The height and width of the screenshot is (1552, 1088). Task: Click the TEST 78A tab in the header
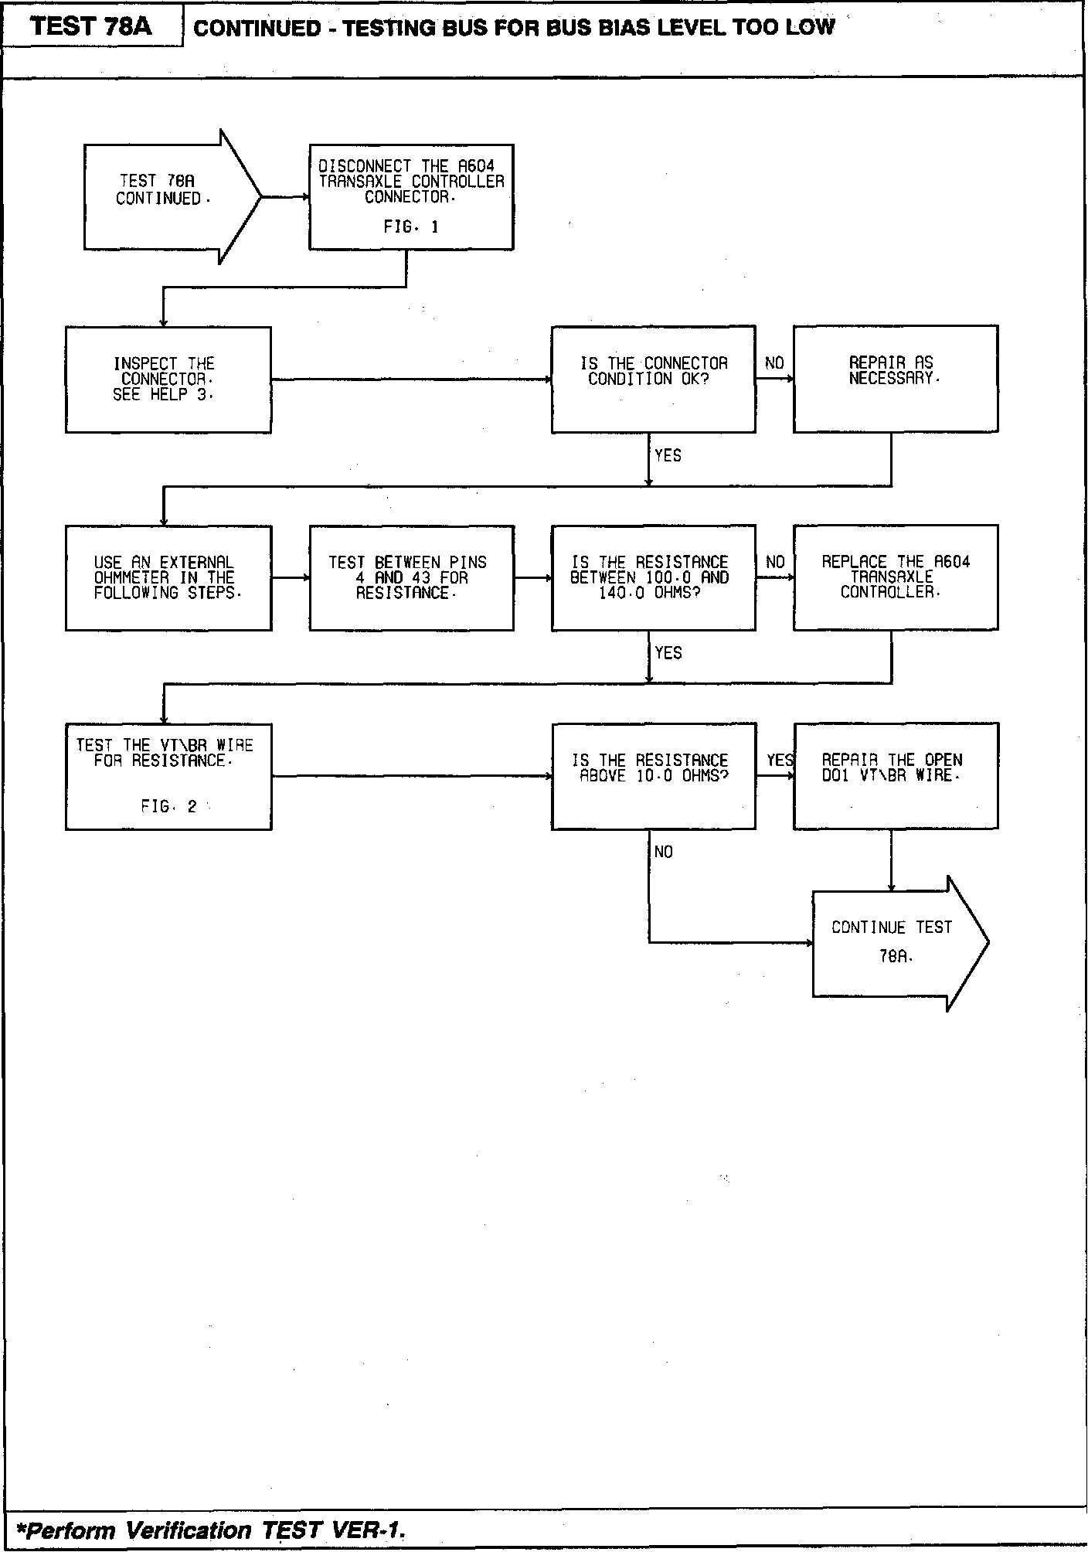[x=92, y=27]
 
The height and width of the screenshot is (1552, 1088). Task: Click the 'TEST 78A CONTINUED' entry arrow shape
[x=166, y=196]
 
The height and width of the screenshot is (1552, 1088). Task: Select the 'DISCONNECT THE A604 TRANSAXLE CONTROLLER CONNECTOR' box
[x=411, y=196]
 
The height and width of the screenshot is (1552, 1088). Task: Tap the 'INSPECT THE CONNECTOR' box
[x=168, y=379]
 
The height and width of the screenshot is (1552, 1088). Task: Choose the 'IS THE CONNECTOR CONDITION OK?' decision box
[x=653, y=379]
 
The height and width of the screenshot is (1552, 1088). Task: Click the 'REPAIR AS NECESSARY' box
[x=895, y=379]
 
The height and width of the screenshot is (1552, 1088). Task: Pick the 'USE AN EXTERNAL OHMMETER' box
[x=168, y=577]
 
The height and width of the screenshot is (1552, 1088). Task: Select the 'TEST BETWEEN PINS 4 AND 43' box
[x=411, y=577]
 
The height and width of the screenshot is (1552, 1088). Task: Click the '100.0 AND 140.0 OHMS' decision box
[x=653, y=577]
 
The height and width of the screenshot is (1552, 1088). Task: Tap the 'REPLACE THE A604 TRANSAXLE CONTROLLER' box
[x=895, y=577]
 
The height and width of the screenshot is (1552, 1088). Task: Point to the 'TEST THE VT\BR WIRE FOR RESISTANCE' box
[x=168, y=776]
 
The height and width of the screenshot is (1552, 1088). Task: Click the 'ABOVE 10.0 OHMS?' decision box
[x=653, y=776]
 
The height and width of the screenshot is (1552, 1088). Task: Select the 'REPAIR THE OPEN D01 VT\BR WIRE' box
[x=895, y=776]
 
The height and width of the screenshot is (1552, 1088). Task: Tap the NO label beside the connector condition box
[x=774, y=363]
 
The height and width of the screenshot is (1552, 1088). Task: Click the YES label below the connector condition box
[x=668, y=456]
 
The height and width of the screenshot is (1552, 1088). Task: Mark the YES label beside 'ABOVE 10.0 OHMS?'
[x=780, y=761]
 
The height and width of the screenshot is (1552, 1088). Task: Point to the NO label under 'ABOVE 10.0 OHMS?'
[x=663, y=852]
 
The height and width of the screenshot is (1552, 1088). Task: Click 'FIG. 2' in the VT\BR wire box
[x=168, y=807]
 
